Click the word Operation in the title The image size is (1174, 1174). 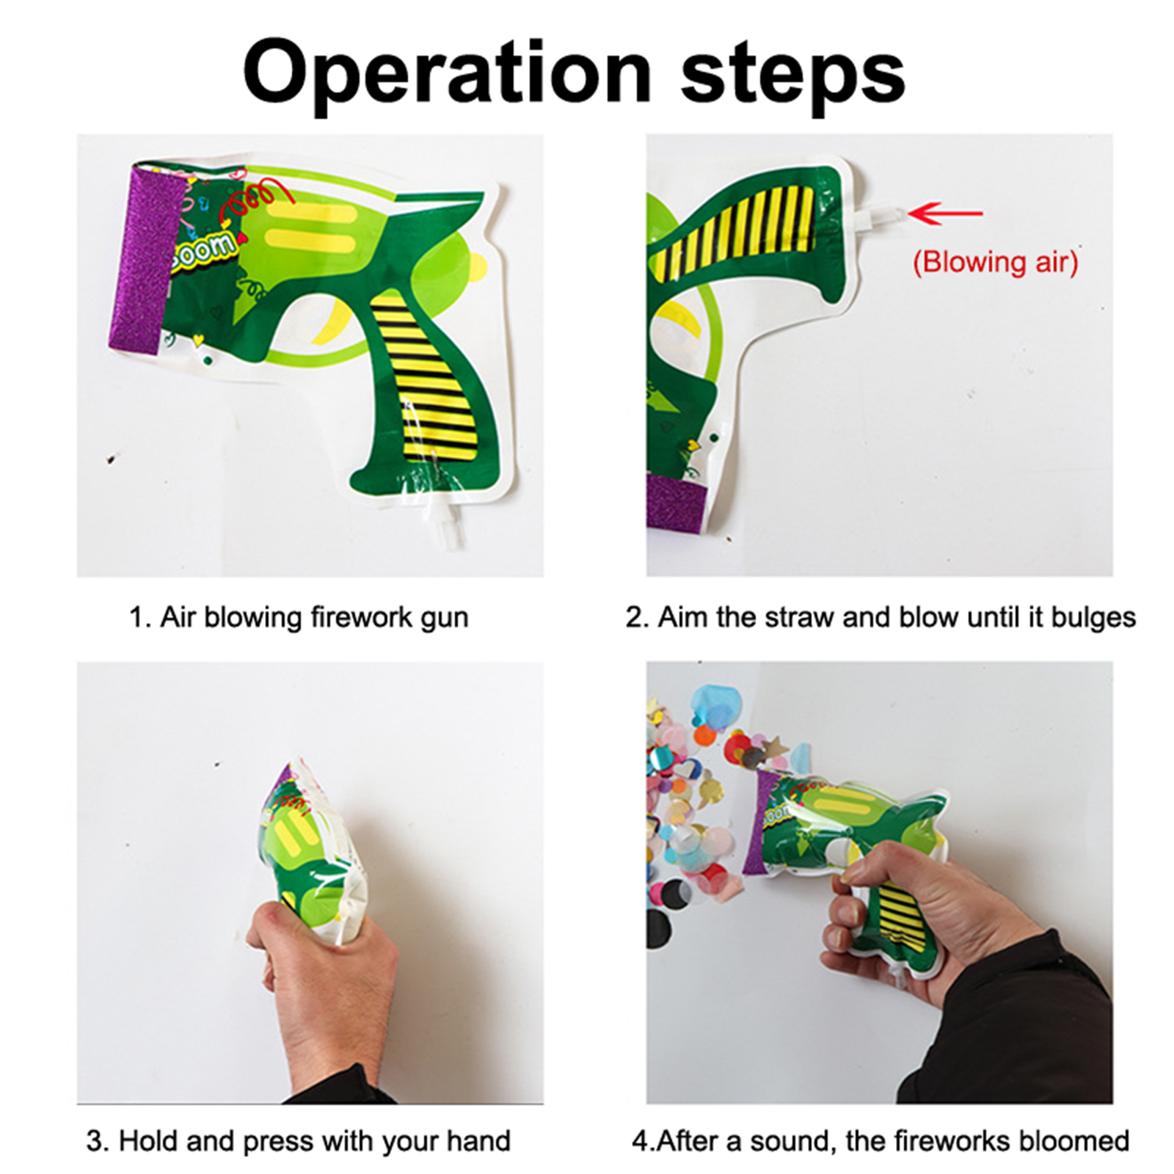[448, 74]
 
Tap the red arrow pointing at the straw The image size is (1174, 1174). [945, 214]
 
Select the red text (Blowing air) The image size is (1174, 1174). [995, 262]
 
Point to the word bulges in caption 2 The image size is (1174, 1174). [1093, 618]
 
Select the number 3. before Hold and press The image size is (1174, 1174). [98, 1141]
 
